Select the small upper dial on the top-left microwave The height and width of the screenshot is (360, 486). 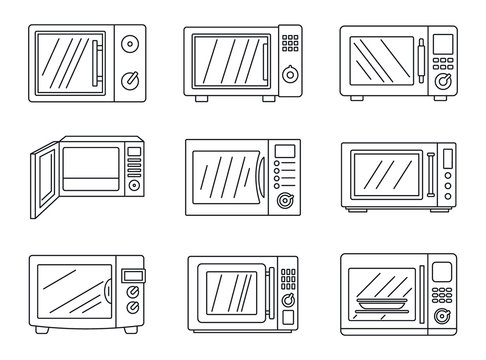131,45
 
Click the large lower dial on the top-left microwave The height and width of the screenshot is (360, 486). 130,79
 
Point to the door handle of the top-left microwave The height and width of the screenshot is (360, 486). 98,61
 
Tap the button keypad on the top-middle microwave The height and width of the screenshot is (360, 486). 289,44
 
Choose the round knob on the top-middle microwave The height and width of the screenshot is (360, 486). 289,74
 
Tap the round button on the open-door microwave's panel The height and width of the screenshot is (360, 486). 134,186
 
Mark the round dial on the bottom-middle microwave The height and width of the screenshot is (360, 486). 288,301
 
